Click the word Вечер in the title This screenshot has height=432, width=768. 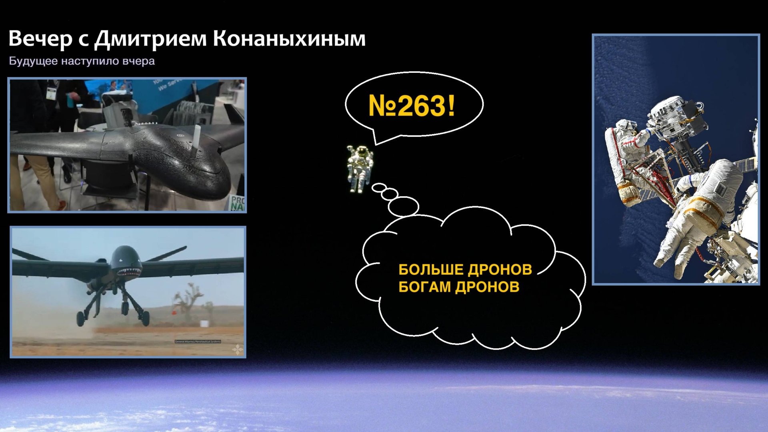click(x=40, y=39)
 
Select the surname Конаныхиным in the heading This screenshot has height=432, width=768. click(x=289, y=39)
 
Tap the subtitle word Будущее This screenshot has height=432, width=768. click(x=33, y=61)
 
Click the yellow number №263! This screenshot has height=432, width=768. click(x=412, y=106)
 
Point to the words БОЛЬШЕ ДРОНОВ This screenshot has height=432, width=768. click(x=465, y=269)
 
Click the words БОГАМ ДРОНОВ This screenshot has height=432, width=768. click(x=459, y=287)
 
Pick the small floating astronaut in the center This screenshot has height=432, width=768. click(x=360, y=168)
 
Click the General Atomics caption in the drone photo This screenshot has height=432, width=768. click(x=198, y=342)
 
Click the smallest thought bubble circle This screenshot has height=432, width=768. click(x=378, y=187)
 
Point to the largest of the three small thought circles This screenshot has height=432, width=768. click(x=403, y=207)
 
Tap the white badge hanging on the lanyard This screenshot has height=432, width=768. click(x=50, y=93)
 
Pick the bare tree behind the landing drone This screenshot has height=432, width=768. click(x=186, y=304)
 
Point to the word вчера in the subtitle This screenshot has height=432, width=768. click(x=139, y=61)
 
